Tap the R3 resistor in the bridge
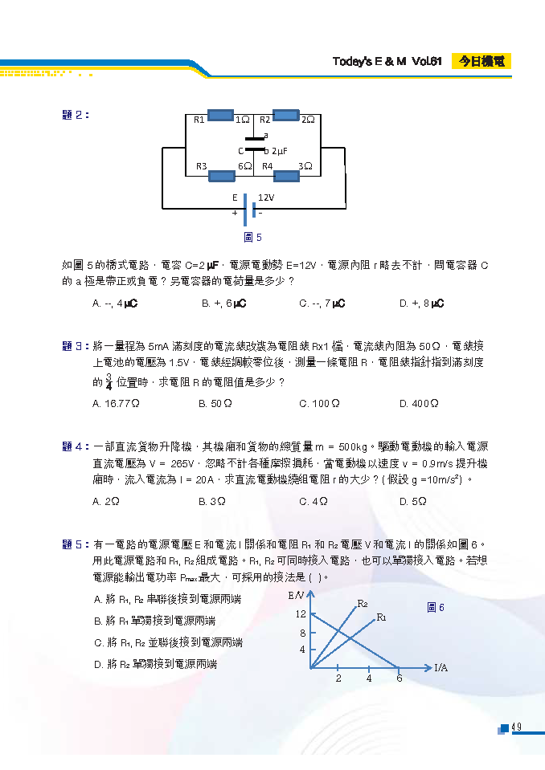pyautogui.click(x=222, y=175)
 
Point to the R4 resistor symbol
pyautogui.click(x=285, y=175)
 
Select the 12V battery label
pyautogui.click(x=266, y=198)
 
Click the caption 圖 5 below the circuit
pyautogui.click(x=252, y=237)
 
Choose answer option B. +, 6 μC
pyautogui.click(x=223, y=304)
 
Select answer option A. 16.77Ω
pyautogui.click(x=117, y=404)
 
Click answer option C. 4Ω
pyautogui.click(x=313, y=501)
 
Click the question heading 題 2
pyautogui.click(x=76, y=115)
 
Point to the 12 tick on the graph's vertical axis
pyautogui.click(x=301, y=614)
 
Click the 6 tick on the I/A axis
pyautogui.click(x=399, y=678)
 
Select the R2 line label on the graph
pyautogui.click(x=363, y=603)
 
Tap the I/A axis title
pyautogui.click(x=441, y=667)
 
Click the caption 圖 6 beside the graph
pyautogui.click(x=435, y=608)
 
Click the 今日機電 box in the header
pyautogui.click(x=481, y=61)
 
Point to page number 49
pyautogui.click(x=517, y=727)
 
